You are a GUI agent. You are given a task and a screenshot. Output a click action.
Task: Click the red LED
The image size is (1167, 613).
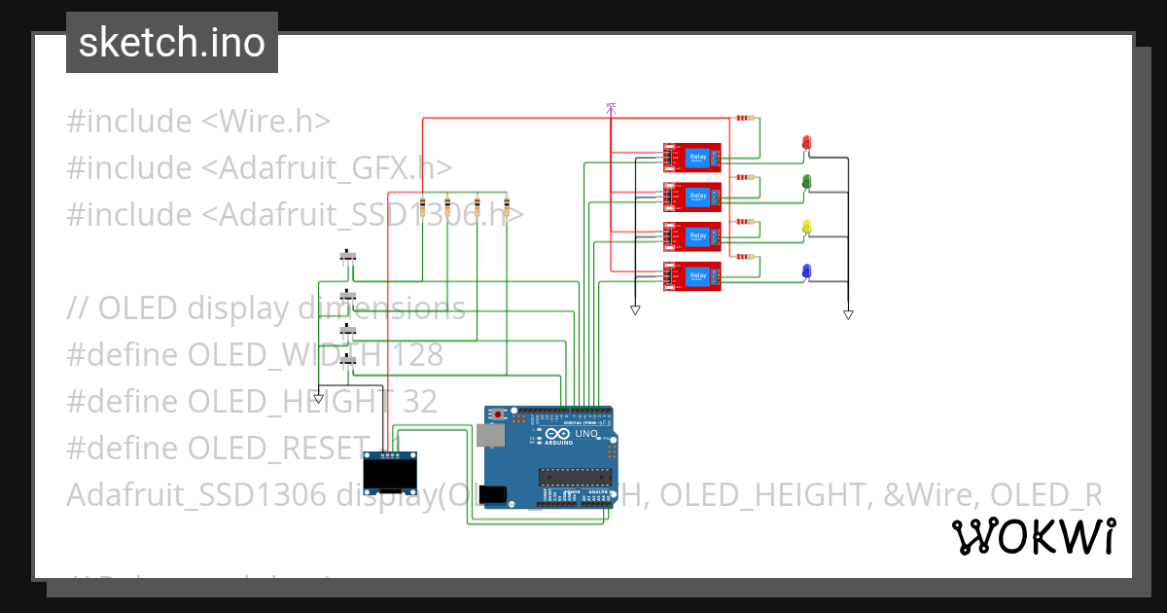pos(806,143)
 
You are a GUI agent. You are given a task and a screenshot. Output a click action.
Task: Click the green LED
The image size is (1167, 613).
pos(806,181)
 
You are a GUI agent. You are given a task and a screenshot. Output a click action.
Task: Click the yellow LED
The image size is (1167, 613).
pos(806,227)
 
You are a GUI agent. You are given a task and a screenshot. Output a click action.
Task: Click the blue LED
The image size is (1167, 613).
pos(806,270)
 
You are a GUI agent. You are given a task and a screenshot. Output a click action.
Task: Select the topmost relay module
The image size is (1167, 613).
pos(692,158)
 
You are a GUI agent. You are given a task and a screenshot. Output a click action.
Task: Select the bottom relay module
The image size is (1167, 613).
pos(692,276)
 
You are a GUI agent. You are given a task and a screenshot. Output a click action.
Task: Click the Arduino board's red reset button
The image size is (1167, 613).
pos(499,415)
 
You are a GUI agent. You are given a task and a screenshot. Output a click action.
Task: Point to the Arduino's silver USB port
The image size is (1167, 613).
pos(487,436)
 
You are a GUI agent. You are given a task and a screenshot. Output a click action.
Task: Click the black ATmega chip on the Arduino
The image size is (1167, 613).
pos(576,476)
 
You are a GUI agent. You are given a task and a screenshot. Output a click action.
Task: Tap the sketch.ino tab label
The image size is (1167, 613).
pos(172,43)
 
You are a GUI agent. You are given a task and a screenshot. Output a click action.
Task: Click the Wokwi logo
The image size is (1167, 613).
pos(1033,537)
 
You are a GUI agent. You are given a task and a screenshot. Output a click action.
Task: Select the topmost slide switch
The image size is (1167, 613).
pos(347,257)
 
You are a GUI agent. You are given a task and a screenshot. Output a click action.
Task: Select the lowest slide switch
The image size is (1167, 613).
pos(347,360)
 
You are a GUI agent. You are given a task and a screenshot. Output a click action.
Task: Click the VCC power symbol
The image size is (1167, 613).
pos(611,107)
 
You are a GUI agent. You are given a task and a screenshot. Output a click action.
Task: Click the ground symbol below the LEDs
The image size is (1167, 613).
pos(848,314)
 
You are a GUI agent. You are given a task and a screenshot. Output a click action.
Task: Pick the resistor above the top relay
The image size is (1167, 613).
pos(744,118)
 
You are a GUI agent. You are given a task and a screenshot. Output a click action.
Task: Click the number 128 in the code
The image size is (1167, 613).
pos(413,355)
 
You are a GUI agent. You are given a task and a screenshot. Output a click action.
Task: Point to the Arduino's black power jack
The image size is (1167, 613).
pos(493,493)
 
